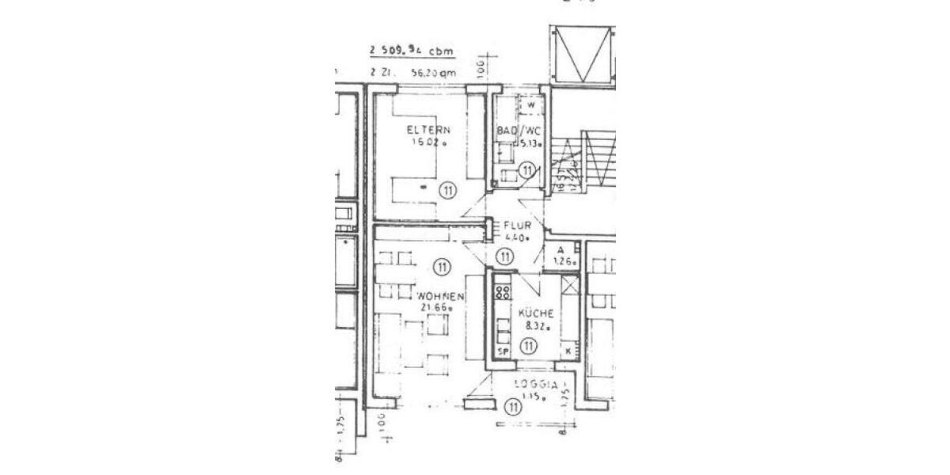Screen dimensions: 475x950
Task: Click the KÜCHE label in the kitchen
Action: click(535, 313)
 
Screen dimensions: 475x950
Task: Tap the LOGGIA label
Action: click(532, 386)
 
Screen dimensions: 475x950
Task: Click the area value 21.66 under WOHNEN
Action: click(437, 308)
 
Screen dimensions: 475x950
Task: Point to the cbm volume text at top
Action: click(412, 51)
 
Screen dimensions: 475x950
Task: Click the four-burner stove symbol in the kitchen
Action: click(502, 293)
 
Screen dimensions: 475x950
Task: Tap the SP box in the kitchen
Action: click(501, 351)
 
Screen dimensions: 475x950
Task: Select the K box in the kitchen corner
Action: click(567, 350)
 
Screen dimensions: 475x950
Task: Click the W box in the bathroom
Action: click(530, 104)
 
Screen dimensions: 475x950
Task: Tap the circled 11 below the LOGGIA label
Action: click(513, 408)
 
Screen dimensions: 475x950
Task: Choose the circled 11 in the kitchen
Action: click(530, 345)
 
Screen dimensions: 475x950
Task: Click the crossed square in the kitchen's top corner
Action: click(570, 285)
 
